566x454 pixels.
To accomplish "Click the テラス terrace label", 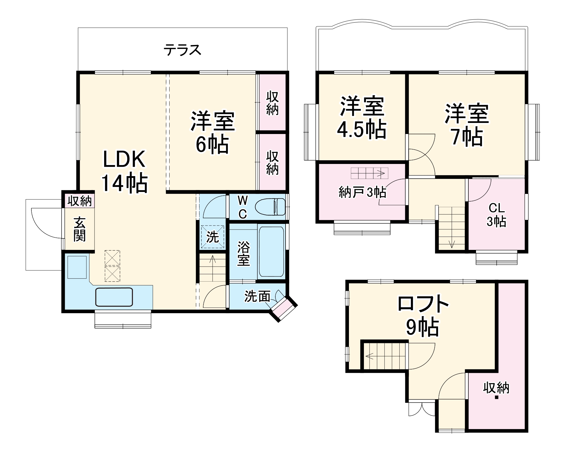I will [x=183, y=50].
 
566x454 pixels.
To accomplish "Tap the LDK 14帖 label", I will [x=125, y=171].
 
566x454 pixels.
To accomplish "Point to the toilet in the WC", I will [x=270, y=207].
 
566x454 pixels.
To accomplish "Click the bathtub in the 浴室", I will [x=271, y=252].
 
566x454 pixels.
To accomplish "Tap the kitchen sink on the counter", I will [x=114, y=297].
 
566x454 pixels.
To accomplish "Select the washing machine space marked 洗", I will [x=213, y=237].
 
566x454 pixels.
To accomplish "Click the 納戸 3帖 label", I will [x=362, y=193].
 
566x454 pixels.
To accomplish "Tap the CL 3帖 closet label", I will [x=497, y=215].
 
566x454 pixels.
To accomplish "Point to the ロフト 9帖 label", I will [x=423, y=315].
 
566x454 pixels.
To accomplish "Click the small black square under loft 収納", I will [x=496, y=397].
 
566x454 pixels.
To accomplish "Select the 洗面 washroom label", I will [x=257, y=296].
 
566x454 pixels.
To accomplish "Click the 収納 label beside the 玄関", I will [x=80, y=201].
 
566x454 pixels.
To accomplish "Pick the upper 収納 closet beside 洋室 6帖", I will [x=272, y=103].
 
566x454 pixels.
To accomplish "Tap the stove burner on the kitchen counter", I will [x=77, y=267].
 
